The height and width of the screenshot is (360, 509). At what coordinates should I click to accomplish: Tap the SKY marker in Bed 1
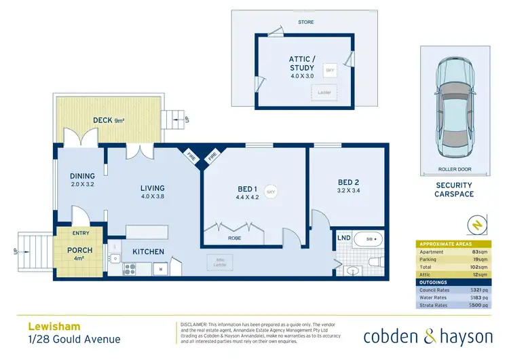[271, 191]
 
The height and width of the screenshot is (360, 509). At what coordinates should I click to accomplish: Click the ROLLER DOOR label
[455, 170]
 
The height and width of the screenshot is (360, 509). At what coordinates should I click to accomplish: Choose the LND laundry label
[343, 239]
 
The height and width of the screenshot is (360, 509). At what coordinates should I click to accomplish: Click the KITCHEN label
[148, 252]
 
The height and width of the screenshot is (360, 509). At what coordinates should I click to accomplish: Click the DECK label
[102, 121]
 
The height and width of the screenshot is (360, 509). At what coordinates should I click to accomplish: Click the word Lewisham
[49, 325]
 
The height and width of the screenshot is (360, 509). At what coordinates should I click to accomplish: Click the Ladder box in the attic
[324, 92]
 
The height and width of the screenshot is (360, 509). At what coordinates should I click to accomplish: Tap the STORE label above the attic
[306, 22]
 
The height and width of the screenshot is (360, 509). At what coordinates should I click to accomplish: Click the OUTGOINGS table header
[435, 281]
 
